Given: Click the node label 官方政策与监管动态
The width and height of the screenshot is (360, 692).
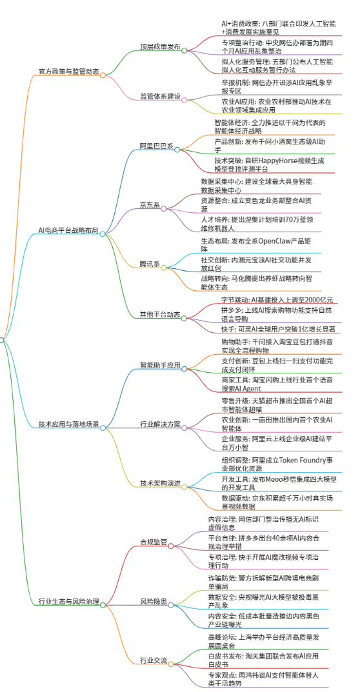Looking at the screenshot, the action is (69, 71).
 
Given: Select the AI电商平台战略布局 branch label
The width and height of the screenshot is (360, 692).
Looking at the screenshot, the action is (68, 230).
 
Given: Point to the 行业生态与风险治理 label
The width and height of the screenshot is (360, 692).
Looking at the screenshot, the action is (69, 601).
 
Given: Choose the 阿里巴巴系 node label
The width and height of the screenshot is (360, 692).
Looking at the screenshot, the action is (157, 146).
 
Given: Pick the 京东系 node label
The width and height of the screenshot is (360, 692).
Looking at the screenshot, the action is (150, 205).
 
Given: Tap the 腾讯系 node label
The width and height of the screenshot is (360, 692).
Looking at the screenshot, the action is (150, 264).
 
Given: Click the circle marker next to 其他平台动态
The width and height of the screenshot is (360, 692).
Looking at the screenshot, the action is (185, 318).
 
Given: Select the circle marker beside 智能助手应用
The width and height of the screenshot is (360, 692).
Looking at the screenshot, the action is (185, 368).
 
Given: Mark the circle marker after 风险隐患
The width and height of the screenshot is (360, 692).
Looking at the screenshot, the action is (171, 605).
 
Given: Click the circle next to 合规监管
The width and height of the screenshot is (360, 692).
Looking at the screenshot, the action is (171, 546).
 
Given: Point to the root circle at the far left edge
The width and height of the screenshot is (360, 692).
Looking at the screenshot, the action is (1, 340).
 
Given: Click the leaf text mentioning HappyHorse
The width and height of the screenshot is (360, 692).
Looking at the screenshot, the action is (270, 164).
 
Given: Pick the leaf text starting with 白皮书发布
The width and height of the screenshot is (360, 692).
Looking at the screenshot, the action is (263, 660).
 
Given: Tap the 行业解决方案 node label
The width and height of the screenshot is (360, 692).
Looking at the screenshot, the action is (161, 424).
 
